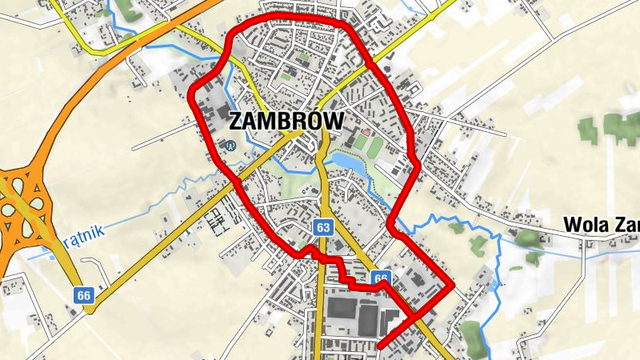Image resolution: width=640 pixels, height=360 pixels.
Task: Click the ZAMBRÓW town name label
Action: point(286,122)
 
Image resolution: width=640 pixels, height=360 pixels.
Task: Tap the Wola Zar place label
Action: point(601,223)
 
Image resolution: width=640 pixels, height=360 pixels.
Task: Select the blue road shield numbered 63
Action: point(322,227)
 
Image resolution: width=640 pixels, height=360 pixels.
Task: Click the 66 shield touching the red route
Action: point(381,278)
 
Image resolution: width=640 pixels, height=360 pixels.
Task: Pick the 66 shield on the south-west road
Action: point(84,295)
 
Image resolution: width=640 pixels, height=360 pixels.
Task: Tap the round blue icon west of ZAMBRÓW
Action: point(230,146)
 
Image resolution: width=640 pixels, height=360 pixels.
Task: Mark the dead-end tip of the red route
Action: point(377,346)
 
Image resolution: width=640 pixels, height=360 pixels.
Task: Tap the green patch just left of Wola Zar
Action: point(529,238)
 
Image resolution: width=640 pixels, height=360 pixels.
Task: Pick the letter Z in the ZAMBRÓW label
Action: point(237,122)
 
